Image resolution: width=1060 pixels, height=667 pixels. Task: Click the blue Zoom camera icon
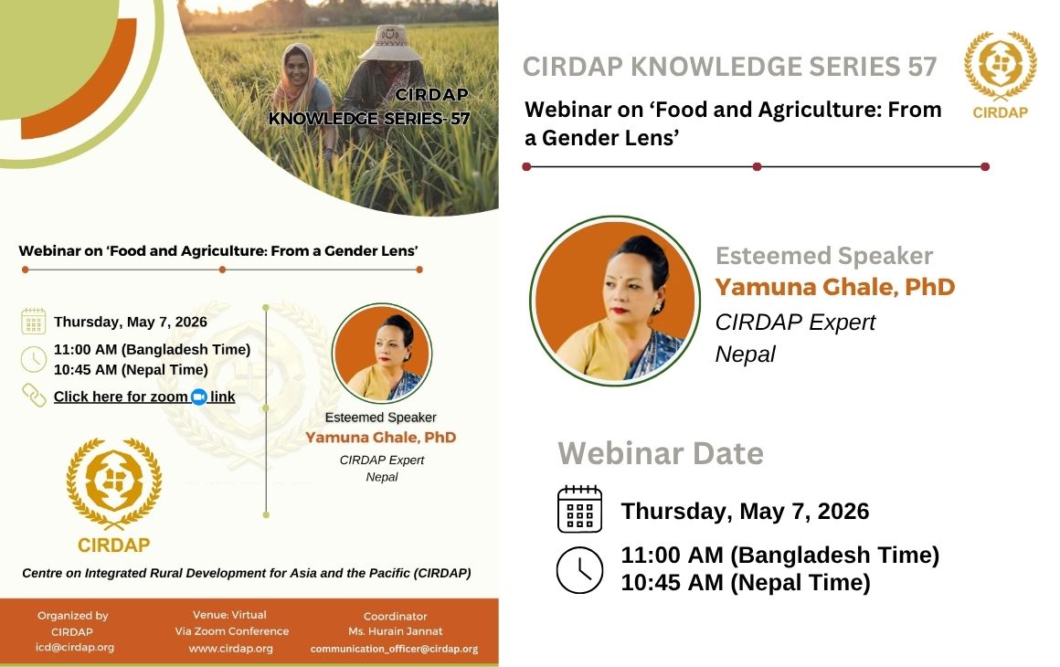[199, 397]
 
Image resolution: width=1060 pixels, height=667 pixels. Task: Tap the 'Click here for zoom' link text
[121, 397]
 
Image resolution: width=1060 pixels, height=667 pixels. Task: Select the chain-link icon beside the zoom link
[34, 396]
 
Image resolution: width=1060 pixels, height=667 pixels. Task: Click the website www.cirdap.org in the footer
[230, 648]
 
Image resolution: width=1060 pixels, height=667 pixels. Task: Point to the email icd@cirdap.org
[75, 647]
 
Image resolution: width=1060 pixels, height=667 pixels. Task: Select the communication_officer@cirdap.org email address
[394, 649]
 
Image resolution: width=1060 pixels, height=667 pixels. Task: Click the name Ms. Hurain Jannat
[396, 631]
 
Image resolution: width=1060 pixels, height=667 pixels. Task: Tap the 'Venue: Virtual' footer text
[230, 615]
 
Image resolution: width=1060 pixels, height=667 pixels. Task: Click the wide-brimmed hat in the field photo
[390, 43]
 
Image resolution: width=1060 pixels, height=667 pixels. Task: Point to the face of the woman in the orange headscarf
[297, 69]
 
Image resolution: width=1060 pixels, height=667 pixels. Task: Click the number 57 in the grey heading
[922, 66]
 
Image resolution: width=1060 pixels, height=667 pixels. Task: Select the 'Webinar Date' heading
[661, 453]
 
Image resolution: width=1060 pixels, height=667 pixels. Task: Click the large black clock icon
[579, 570]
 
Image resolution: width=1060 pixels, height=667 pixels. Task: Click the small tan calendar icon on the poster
[33, 321]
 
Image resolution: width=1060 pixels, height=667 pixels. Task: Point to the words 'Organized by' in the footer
[73, 616]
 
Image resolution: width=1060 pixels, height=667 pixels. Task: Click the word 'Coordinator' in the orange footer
[396, 617]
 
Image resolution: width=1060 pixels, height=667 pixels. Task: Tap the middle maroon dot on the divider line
[758, 166]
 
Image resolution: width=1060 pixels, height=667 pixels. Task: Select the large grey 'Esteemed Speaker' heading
[824, 256]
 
